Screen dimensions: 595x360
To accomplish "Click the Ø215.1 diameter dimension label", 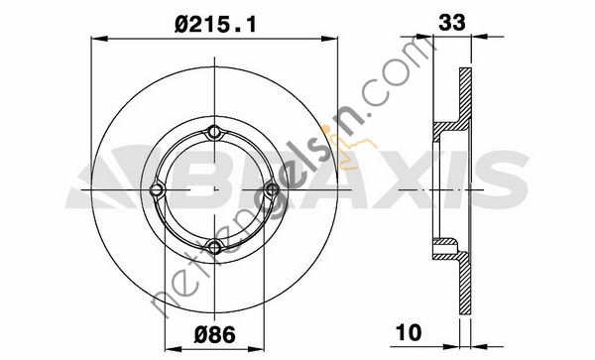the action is (x=215, y=25).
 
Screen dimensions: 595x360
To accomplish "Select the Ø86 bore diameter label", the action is (x=215, y=335).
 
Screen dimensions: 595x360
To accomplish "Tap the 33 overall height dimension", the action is (x=451, y=23).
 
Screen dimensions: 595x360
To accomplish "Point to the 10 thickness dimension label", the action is (x=409, y=332).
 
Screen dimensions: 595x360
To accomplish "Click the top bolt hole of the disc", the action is (x=215, y=132).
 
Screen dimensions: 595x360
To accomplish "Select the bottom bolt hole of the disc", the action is (x=215, y=247).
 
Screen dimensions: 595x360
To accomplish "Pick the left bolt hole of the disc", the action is (x=157, y=190).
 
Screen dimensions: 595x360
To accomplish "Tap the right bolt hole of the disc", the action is (x=272, y=189).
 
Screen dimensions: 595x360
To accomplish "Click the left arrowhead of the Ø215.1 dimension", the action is (x=99, y=39).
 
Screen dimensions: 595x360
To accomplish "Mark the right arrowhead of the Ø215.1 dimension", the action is (x=329, y=39).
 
